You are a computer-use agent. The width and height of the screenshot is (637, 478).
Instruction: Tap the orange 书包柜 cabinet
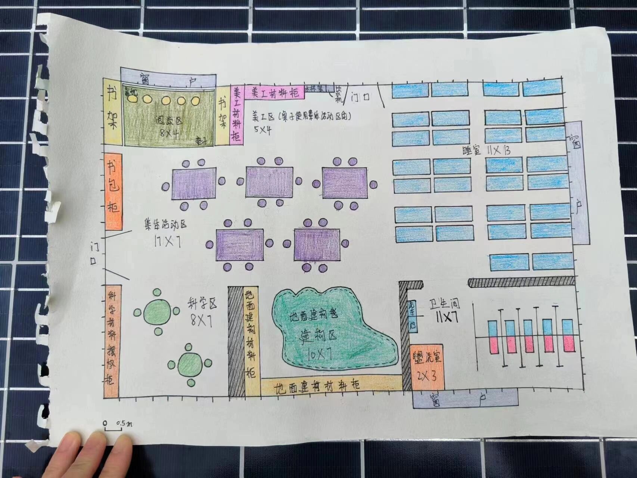pyautogui.click(x=114, y=192)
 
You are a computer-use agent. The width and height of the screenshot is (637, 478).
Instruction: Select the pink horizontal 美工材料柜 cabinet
pyautogui.click(x=274, y=92)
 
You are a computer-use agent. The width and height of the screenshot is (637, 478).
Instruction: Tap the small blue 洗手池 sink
pyautogui.click(x=412, y=316)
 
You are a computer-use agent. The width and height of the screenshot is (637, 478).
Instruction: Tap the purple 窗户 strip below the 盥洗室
pyautogui.click(x=465, y=398)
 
